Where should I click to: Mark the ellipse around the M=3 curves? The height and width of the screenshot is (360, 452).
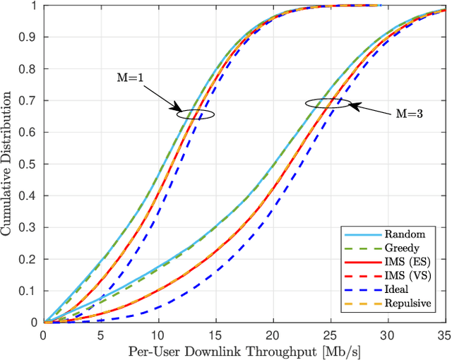pyautogui.click(x=328, y=103)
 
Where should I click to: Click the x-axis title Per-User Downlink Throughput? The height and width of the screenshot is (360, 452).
pyautogui.click(x=246, y=350)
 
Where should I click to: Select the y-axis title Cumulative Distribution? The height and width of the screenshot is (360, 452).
pyautogui.click(x=8, y=164)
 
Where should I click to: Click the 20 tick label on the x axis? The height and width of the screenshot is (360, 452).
pyautogui.click(x=274, y=334)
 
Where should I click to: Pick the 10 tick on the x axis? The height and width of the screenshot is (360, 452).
pyautogui.click(x=159, y=334)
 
